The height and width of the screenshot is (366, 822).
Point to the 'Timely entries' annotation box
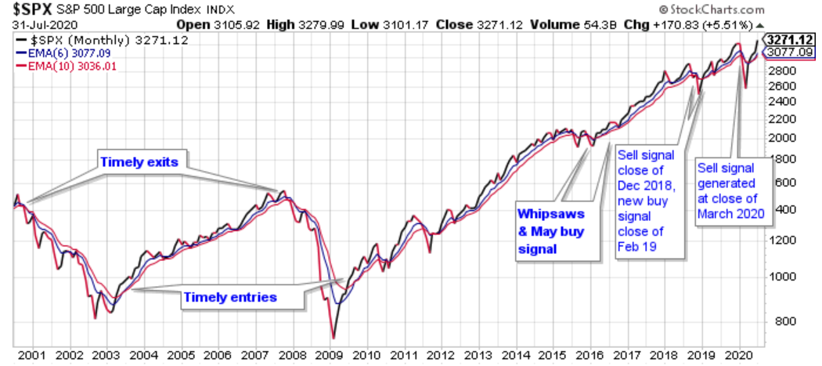coord(229,298)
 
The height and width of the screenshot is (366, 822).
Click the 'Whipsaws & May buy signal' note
coord(551,231)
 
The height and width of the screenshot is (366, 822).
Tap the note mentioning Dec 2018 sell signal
coord(651,198)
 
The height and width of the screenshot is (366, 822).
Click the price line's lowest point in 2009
coord(333,338)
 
